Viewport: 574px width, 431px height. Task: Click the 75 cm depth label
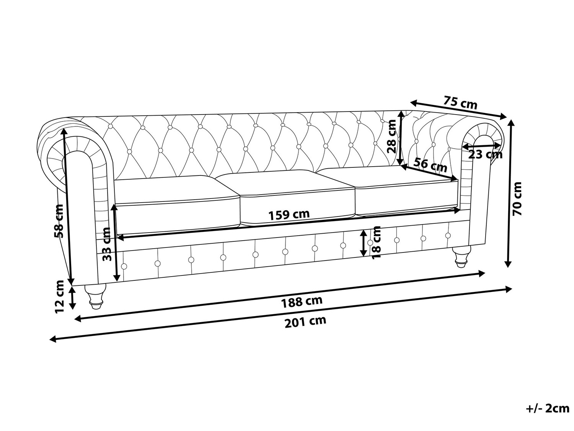pyautogui.click(x=460, y=104)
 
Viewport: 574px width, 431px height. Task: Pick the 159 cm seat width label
pyautogui.click(x=289, y=215)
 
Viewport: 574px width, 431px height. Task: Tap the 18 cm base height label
pyautogui.click(x=376, y=242)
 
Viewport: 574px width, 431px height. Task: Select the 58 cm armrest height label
pyautogui.click(x=59, y=221)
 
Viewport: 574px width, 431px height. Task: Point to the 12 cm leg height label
pyautogui.click(x=59, y=296)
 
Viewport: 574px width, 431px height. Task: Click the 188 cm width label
pyautogui.click(x=302, y=302)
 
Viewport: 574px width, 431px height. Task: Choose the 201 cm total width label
pyautogui.click(x=305, y=321)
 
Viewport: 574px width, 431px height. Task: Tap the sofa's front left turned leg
pyautogui.click(x=95, y=296)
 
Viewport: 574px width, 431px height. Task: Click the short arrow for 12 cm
pyautogui.click(x=72, y=298)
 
